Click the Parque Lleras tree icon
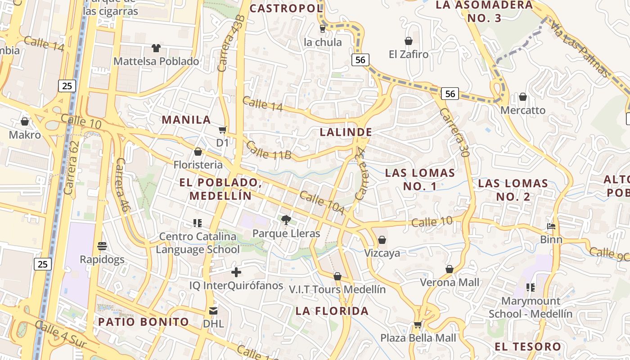click(x=285, y=220)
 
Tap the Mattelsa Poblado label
click(x=156, y=61)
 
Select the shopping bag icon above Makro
click(x=25, y=121)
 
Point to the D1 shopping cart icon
click(x=222, y=130)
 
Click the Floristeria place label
click(x=198, y=165)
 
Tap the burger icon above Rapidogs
click(x=102, y=246)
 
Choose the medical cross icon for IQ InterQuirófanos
click(x=236, y=272)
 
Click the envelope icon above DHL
click(x=213, y=310)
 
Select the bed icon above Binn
click(x=551, y=226)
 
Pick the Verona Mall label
click(x=449, y=283)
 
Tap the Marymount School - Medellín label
click(x=531, y=307)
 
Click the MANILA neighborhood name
click(x=186, y=120)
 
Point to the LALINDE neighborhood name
click(x=346, y=132)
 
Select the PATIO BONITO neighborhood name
click(x=144, y=322)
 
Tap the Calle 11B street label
click(x=269, y=150)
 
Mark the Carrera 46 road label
click(x=121, y=184)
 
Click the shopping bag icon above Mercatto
click(x=523, y=97)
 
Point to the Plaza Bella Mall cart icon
click(x=418, y=324)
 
